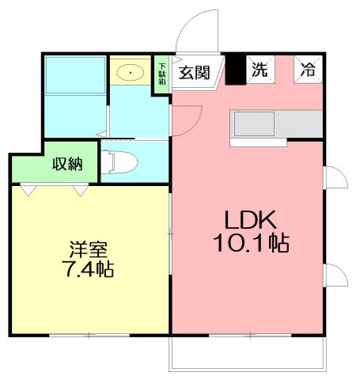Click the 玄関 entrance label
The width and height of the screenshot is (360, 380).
tap(193, 74)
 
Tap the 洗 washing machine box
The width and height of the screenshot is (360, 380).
tap(259, 69)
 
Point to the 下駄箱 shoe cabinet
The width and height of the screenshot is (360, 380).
tap(162, 74)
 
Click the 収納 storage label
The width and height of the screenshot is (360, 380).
tap(67, 165)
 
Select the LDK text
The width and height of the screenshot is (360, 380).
tap(248, 218)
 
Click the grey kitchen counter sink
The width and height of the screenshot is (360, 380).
tap(253, 124)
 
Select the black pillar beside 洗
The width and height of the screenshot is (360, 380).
tap(235, 69)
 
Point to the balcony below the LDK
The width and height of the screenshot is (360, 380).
tap(247, 353)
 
